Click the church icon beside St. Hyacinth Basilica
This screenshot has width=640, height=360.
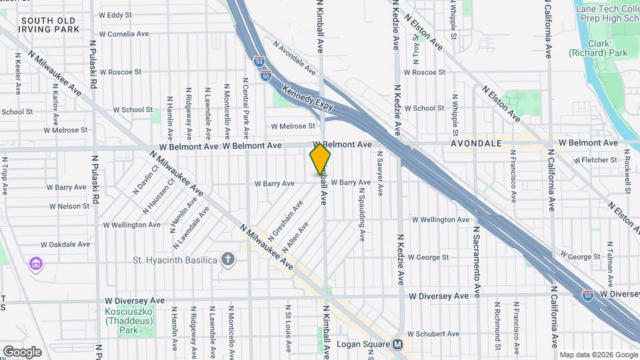(228, 259)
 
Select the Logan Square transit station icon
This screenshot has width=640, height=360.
(398, 345)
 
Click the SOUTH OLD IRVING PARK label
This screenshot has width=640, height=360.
(50, 25)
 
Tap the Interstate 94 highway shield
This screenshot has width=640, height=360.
(259, 62)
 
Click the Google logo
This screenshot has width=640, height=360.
(21, 351)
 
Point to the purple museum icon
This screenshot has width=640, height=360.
(35, 265)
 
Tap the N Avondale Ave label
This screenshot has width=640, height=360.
(293, 58)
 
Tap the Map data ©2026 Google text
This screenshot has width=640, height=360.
(598, 355)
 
